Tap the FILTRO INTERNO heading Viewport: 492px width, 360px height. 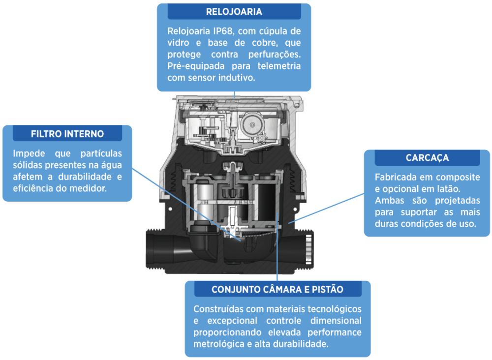pos(67,133)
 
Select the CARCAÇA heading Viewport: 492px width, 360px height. pos(427,158)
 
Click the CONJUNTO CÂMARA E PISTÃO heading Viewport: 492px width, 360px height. pos(277,289)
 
